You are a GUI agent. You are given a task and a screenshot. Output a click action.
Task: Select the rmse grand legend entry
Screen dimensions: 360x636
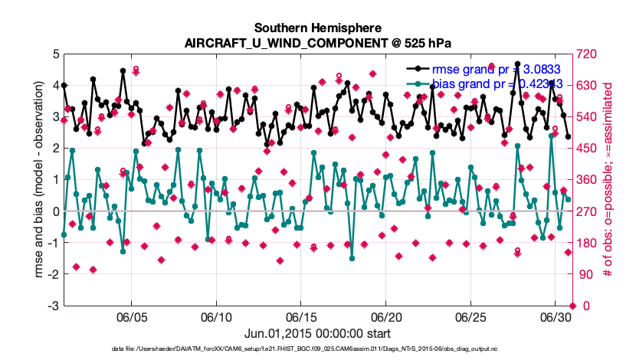click(x=498, y=67)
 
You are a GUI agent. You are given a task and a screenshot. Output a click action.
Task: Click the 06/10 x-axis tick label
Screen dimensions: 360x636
click(x=216, y=317)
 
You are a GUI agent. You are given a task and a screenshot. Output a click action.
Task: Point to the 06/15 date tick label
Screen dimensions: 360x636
click(x=301, y=317)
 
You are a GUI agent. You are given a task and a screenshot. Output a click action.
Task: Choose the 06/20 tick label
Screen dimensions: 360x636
click(x=386, y=317)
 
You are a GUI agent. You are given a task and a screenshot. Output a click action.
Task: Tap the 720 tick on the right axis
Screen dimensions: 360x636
click(x=587, y=54)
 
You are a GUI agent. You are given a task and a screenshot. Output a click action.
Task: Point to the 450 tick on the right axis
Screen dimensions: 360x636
click(x=587, y=149)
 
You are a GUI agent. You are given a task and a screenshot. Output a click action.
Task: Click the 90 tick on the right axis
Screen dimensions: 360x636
click(x=584, y=275)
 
